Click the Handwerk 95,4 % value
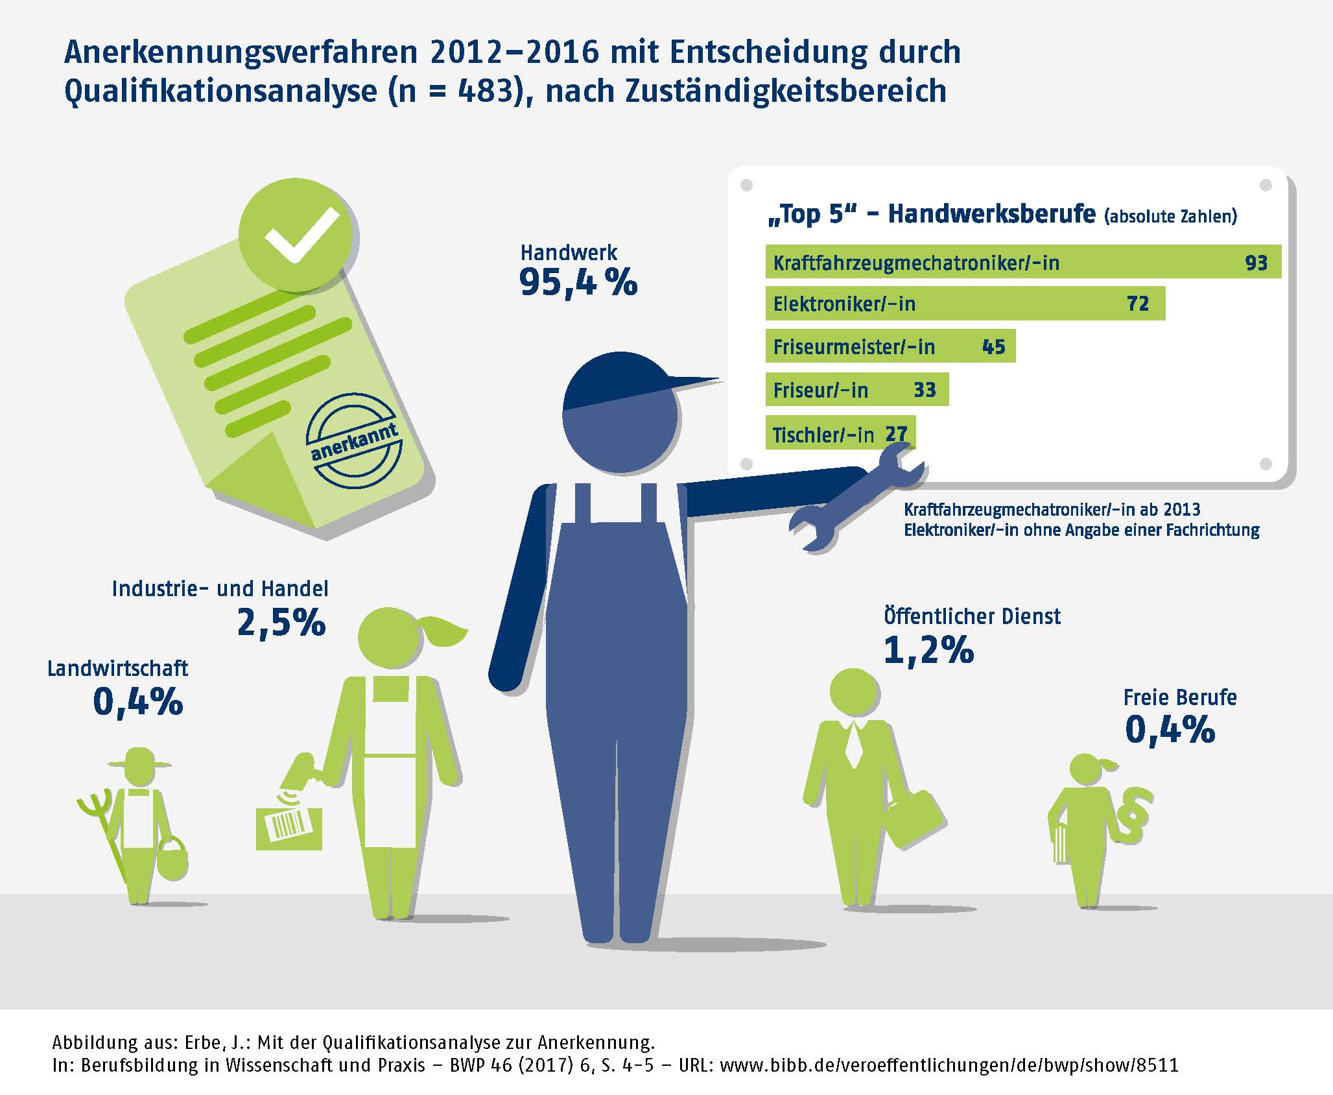[x=578, y=283]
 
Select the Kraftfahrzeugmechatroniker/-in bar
[x=1022, y=262]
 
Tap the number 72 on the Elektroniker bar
[x=1138, y=304]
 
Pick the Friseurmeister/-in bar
[x=890, y=346]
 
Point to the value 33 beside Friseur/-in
[x=925, y=390]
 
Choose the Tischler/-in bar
[x=840, y=433]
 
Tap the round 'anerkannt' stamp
[x=355, y=441]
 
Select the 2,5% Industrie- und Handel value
[x=281, y=623]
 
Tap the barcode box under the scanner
[x=289, y=827]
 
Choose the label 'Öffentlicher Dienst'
[x=972, y=616]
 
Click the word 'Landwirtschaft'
[x=117, y=669]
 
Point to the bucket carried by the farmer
[x=172, y=859]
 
